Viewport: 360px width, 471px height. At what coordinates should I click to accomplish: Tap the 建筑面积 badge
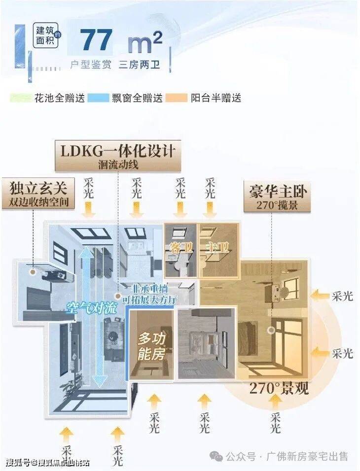click(45, 36)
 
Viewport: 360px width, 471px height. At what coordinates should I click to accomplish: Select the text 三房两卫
click(139, 65)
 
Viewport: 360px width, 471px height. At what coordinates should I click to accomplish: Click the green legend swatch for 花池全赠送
click(21, 98)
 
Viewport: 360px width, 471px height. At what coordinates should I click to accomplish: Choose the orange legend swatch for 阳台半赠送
click(177, 98)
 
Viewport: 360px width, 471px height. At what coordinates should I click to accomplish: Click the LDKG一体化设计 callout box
click(117, 155)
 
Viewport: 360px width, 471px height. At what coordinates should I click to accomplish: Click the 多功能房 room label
click(151, 346)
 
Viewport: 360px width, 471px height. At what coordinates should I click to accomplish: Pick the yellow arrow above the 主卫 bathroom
click(211, 210)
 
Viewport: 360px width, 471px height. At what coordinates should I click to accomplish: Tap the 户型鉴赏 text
click(90, 65)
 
